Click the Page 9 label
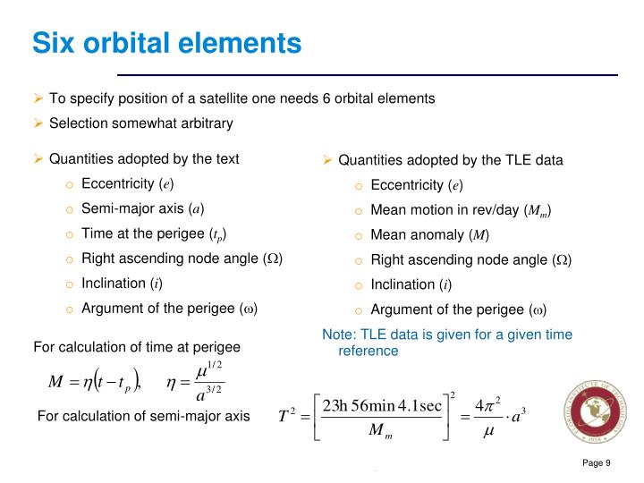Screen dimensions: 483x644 (596, 462)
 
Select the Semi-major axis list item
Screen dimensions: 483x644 (142, 208)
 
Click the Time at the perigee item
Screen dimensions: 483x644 (153, 234)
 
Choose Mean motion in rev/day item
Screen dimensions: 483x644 (460, 211)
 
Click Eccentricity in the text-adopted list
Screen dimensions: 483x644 (127, 184)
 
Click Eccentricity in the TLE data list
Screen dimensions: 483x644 (416, 186)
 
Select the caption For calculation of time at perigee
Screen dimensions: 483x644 (137, 346)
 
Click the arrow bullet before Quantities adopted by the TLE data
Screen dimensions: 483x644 (327, 161)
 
